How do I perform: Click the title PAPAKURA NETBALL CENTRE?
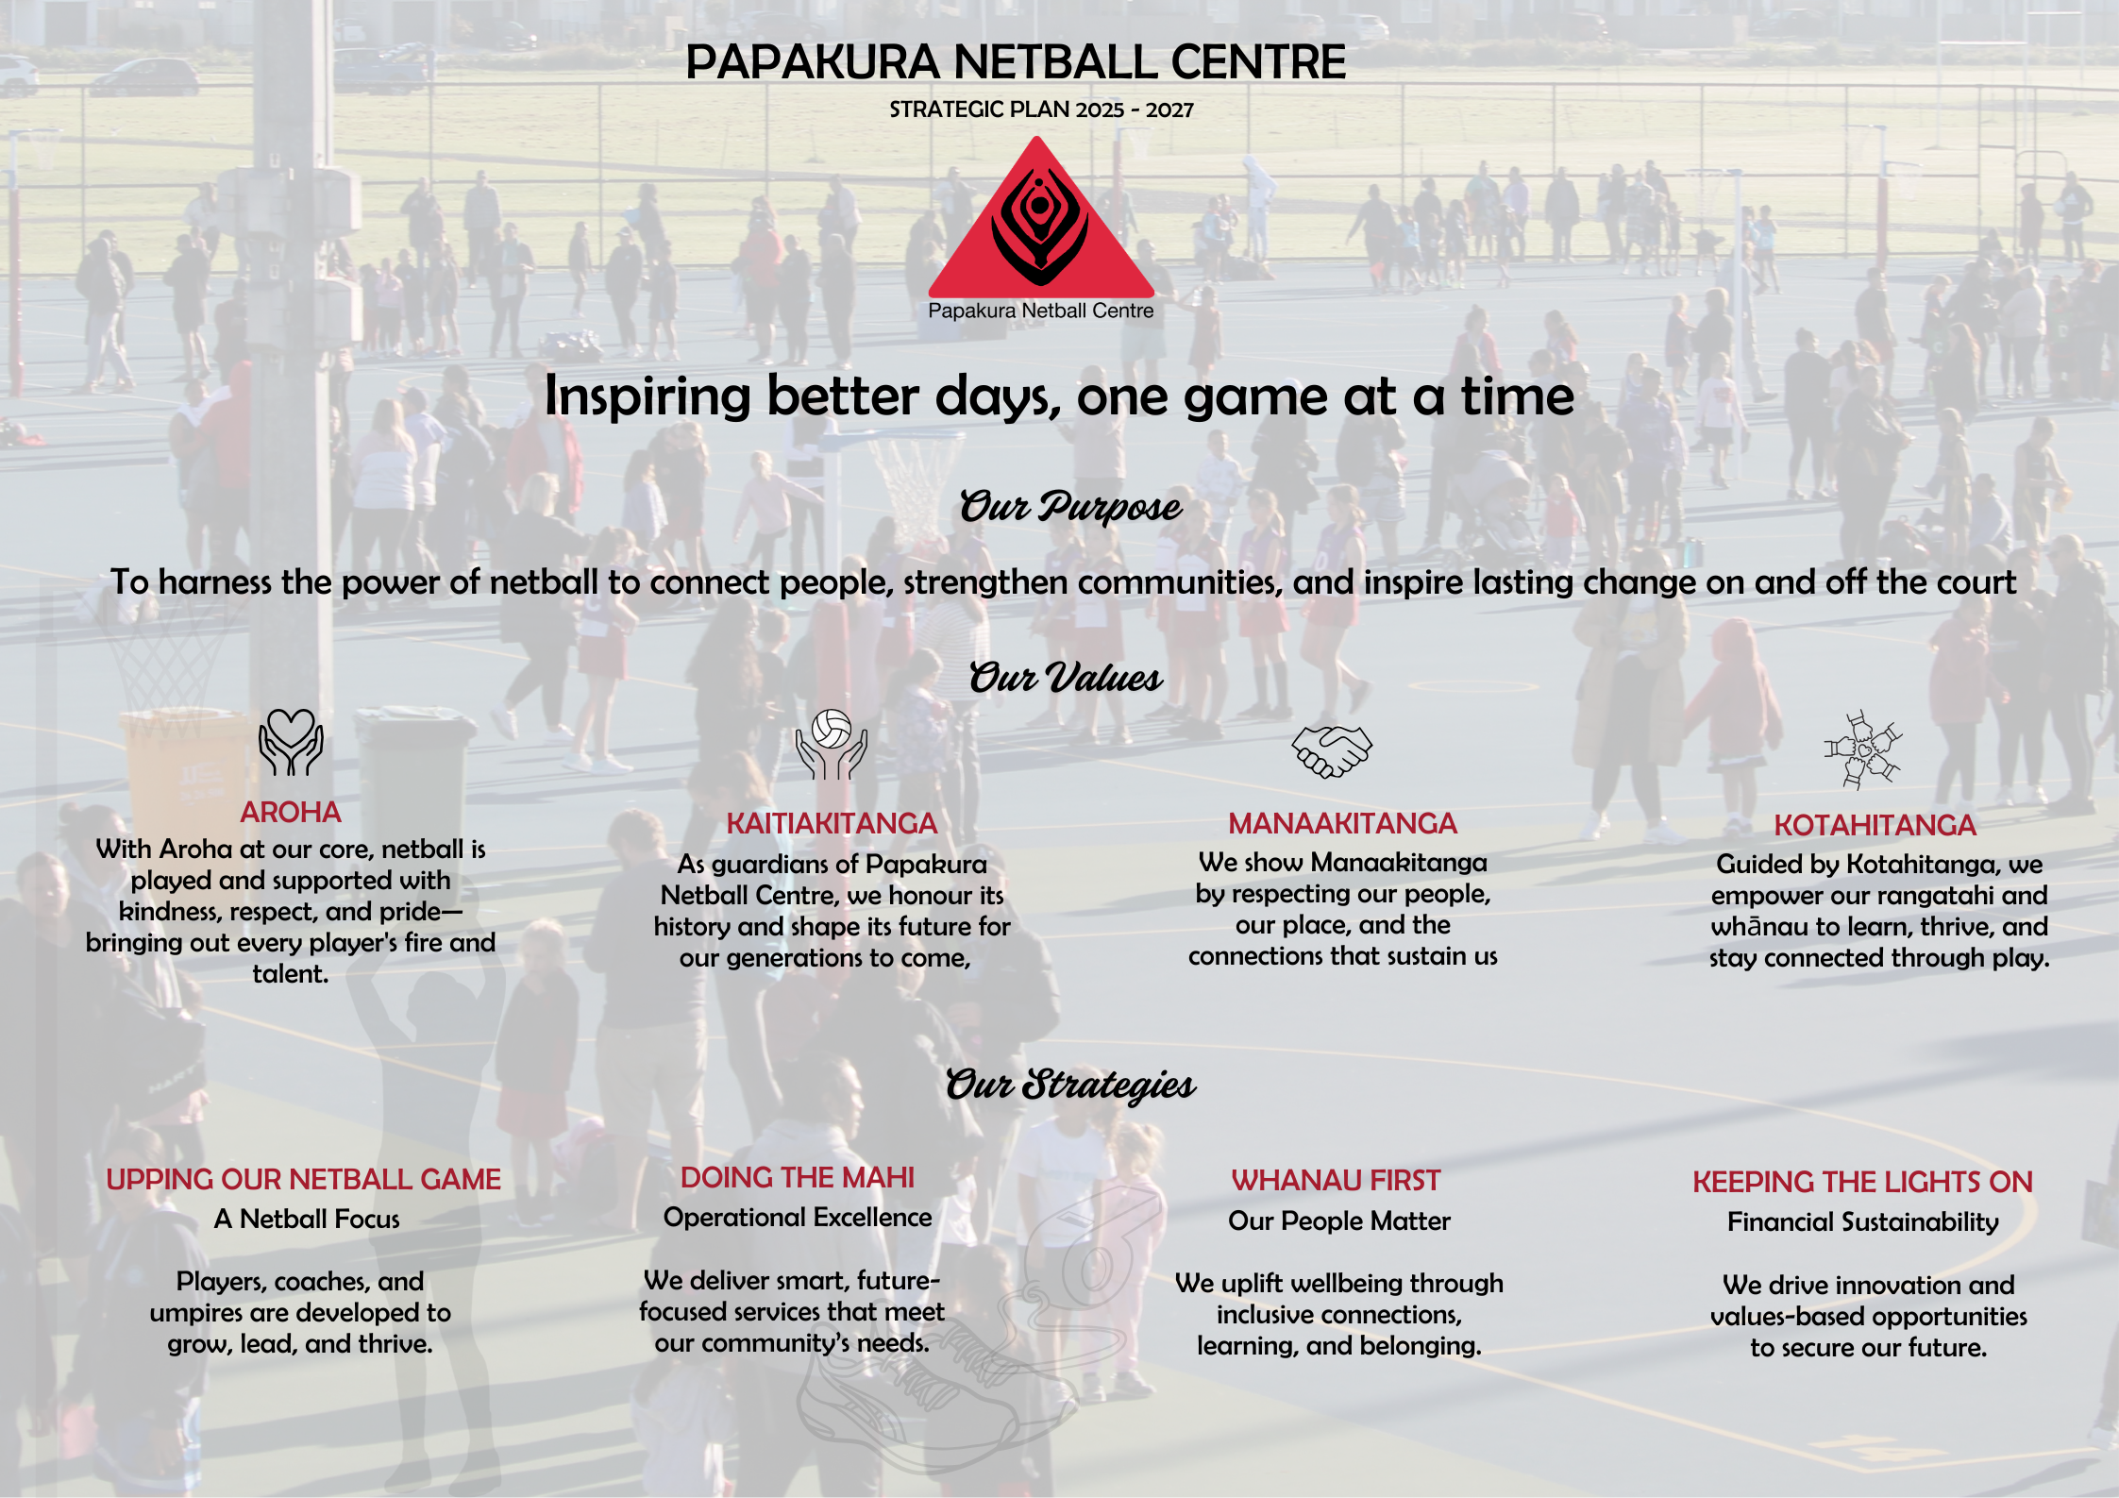[x=1016, y=62]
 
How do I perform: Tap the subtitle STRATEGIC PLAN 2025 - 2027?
[x=1041, y=109]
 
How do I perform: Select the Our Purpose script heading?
[x=1070, y=507]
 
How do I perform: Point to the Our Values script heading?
[x=1066, y=678]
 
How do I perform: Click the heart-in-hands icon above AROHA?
[x=291, y=742]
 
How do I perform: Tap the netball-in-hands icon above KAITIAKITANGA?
[x=831, y=744]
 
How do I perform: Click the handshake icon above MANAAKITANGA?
[x=1332, y=751]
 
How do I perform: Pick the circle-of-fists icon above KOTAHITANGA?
[x=1862, y=749]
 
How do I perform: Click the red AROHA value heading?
[x=290, y=812]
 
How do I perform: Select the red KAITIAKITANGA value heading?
[x=832, y=823]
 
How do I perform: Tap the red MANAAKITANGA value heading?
[x=1342, y=823]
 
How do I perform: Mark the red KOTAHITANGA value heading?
[x=1875, y=825]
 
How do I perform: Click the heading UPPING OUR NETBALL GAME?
[x=303, y=1179]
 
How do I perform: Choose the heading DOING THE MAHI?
[x=798, y=1177]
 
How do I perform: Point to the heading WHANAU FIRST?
[x=1336, y=1180]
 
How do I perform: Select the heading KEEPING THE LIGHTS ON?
[x=1862, y=1182]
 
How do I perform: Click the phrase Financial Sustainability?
[x=1863, y=1222]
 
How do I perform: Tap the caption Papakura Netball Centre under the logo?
[x=1041, y=311]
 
